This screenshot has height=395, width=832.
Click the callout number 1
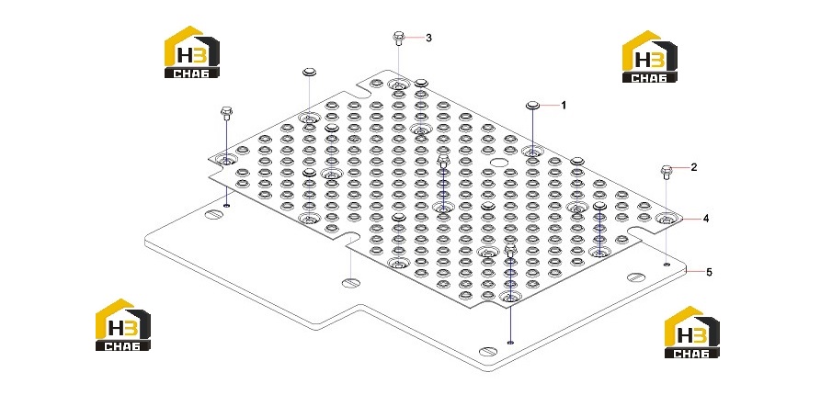coord(564,106)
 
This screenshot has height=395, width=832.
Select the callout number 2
coord(694,167)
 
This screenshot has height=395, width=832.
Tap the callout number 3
coord(428,38)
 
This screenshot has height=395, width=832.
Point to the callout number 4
coord(706,218)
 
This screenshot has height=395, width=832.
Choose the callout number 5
coord(709,273)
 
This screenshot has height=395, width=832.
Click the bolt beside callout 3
coord(398,39)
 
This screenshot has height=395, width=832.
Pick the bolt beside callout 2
coord(667,172)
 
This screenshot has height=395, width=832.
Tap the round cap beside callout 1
coord(532,105)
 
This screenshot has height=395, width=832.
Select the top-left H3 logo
coord(191,52)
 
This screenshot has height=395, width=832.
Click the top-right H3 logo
coord(649,56)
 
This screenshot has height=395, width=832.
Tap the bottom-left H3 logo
coord(122,324)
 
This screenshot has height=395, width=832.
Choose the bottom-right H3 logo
coord(692,332)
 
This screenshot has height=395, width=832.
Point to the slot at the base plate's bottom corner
coord(488,351)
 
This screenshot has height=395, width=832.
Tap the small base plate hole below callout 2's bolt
coord(667,264)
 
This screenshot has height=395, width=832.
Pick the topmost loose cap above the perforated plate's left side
coord(309,72)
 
